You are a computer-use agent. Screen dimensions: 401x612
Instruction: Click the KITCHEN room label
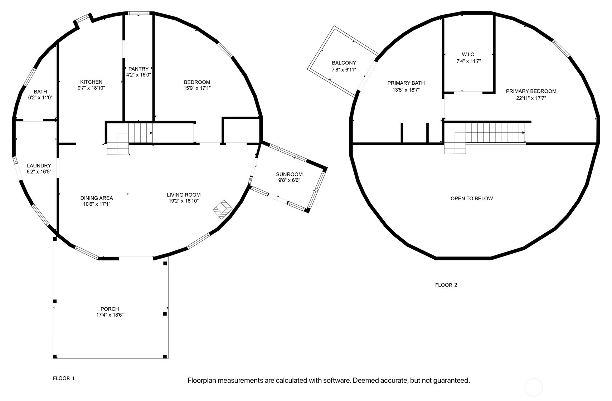click(91, 82)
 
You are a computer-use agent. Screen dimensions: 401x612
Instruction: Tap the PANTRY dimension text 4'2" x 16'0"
click(138, 75)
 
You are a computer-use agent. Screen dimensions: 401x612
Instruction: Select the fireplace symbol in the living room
click(222, 209)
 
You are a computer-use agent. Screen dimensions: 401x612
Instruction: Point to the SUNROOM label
click(289, 174)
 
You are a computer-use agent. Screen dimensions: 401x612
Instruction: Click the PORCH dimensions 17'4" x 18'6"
click(110, 315)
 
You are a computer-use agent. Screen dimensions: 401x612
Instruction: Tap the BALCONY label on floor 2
click(344, 63)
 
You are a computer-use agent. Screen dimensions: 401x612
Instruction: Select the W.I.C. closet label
click(468, 54)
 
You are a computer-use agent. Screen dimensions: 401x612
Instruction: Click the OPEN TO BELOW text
click(471, 199)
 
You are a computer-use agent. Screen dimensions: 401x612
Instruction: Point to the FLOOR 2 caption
click(446, 285)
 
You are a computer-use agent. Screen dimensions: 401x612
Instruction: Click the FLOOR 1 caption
click(64, 378)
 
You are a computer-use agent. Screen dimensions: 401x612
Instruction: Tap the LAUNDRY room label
click(39, 166)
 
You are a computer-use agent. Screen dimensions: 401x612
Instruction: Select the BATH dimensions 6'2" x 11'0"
click(40, 98)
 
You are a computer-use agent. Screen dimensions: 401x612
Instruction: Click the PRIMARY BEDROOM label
click(531, 91)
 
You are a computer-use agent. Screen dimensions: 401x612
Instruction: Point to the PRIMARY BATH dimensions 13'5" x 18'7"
click(406, 90)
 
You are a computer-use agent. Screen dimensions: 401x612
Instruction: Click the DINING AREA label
click(96, 198)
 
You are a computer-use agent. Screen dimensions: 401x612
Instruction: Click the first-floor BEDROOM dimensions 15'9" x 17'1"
click(197, 88)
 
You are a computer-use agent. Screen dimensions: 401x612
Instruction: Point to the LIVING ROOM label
click(184, 195)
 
